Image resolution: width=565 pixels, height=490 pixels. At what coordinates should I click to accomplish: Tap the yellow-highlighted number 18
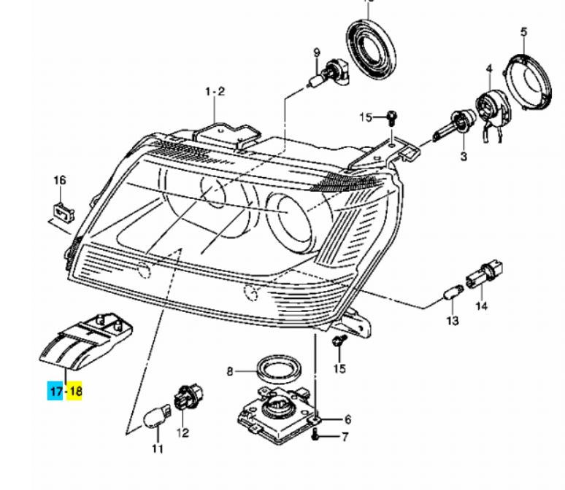(75, 392)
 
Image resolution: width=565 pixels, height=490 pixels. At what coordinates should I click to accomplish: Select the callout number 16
(59, 180)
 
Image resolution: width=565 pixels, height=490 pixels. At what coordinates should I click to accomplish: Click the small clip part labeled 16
(64, 211)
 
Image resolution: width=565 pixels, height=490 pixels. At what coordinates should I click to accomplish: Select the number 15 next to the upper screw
(366, 117)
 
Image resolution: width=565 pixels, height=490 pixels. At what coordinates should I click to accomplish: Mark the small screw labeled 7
(315, 435)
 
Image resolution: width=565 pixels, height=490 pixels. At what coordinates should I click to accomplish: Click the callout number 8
(230, 372)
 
